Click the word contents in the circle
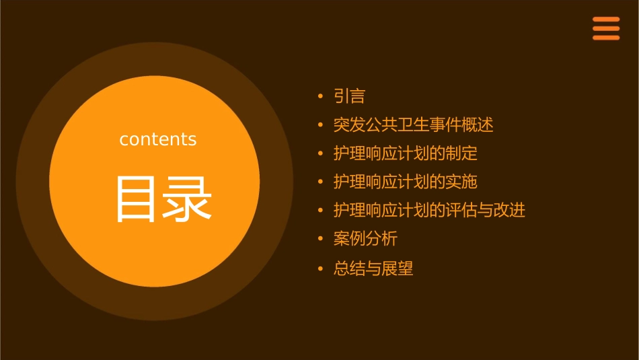coord(158,139)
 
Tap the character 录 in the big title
coord(184,199)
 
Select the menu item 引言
coord(349,96)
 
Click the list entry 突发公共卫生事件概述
coord(413,125)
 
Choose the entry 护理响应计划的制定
coord(405,153)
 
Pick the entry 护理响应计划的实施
coord(405,182)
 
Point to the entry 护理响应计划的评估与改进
coord(429,210)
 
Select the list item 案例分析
coord(365,238)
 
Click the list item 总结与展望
coord(373,269)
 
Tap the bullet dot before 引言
coord(320,97)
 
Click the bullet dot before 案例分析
coord(320,239)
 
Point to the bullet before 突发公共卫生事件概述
coord(320,126)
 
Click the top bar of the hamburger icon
coord(606,20)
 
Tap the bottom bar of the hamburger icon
coord(606,38)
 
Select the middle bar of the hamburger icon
coord(606,28)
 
